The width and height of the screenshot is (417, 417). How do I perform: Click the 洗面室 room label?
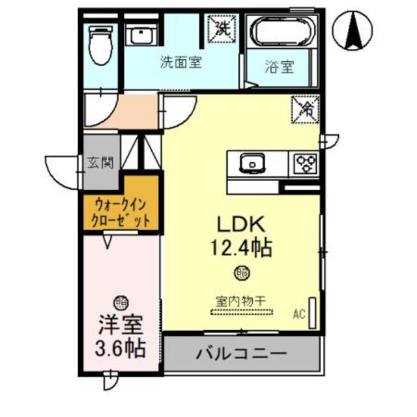(180, 63)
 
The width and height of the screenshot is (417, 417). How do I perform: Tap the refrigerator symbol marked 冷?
(304, 109)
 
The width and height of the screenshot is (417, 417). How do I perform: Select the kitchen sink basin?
(250, 162)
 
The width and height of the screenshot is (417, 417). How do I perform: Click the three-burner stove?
(304, 163)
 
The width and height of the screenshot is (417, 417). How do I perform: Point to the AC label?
(299, 314)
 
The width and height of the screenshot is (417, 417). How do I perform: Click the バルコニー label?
(241, 354)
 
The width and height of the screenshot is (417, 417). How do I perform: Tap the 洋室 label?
(121, 324)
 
